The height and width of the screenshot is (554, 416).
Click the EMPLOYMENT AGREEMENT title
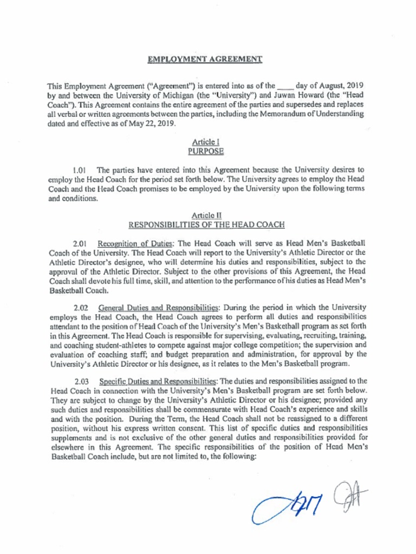tap(205, 59)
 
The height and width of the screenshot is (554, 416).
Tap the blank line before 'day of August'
tap(285, 87)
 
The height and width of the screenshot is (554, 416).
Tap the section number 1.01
tap(80, 170)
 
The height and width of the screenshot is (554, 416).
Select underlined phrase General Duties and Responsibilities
tap(158, 307)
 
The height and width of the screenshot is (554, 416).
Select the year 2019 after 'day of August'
tap(354, 87)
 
